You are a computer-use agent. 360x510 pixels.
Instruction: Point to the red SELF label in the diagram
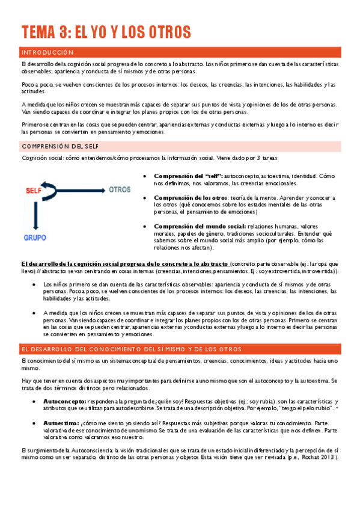(34, 191)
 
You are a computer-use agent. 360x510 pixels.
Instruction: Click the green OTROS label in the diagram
(120, 189)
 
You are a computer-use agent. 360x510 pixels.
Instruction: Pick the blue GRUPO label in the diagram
(35, 238)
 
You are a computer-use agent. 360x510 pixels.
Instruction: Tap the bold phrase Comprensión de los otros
(190, 197)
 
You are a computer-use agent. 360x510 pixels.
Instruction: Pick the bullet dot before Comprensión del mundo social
(147, 226)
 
